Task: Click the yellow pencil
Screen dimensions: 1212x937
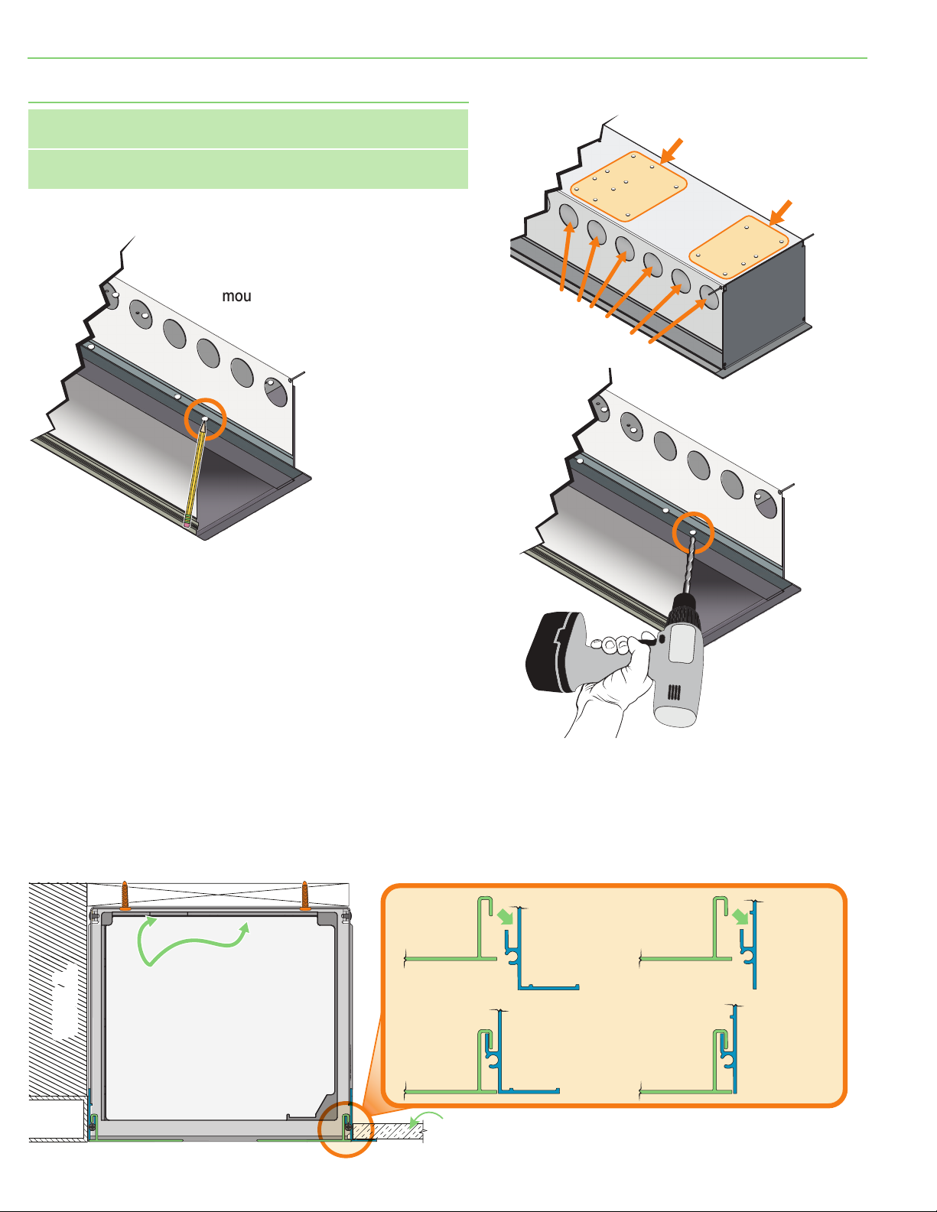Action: (x=195, y=474)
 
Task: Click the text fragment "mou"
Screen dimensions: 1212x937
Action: (x=236, y=297)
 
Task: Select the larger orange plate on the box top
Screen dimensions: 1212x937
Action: (x=629, y=187)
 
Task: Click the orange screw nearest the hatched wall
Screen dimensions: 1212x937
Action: (x=125, y=896)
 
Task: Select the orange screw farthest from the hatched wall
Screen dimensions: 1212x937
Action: (x=305, y=896)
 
